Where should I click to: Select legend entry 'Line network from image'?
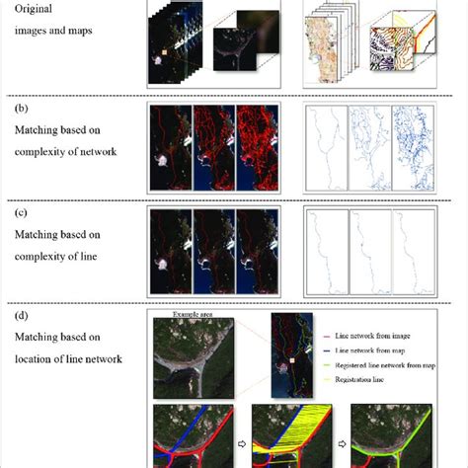coord(381,336)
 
